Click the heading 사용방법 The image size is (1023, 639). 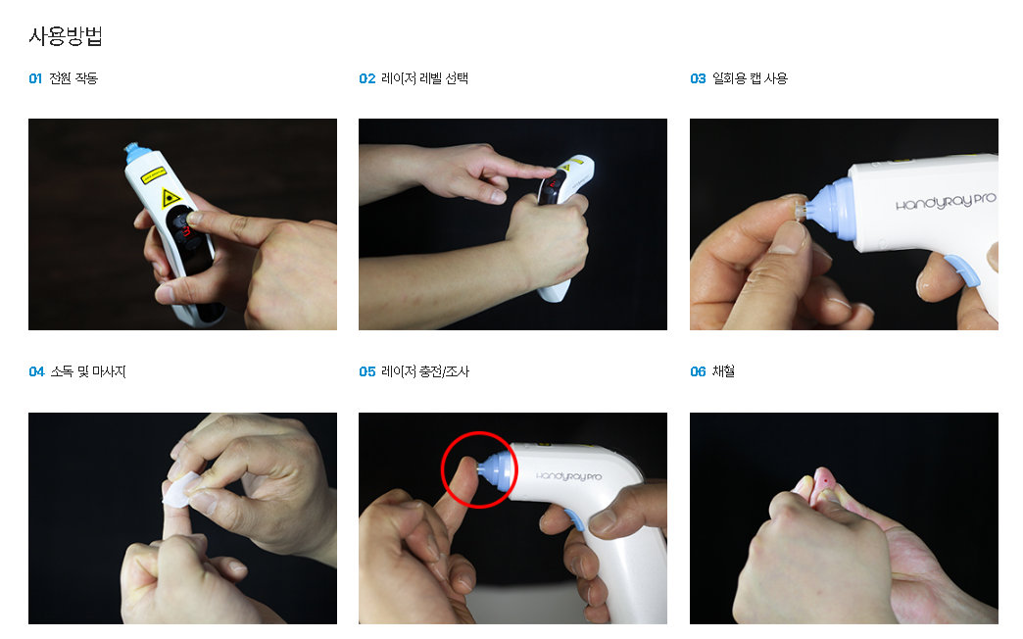tap(66, 35)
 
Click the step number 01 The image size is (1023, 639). tap(35, 79)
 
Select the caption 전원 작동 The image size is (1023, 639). tap(73, 78)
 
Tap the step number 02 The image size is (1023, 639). tap(366, 79)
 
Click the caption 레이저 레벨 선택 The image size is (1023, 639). tap(424, 78)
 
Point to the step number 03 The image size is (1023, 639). tap(698, 79)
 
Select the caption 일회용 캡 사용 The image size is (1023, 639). tap(750, 78)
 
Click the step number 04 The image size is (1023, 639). tap(36, 372)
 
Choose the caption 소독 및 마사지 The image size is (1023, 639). tap(88, 371)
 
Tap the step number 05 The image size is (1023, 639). tap(366, 372)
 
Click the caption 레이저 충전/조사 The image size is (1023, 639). tap(425, 371)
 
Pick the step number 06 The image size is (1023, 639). tap(698, 372)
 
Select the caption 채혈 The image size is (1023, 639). tap(723, 371)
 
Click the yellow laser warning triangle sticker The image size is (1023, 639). tap(170, 197)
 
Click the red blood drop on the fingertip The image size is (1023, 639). tap(827, 481)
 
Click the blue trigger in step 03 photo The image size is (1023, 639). tap(963, 270)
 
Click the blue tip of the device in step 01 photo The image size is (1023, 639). tap(137, 153)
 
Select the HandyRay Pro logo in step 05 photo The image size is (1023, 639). tap(568, 476)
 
